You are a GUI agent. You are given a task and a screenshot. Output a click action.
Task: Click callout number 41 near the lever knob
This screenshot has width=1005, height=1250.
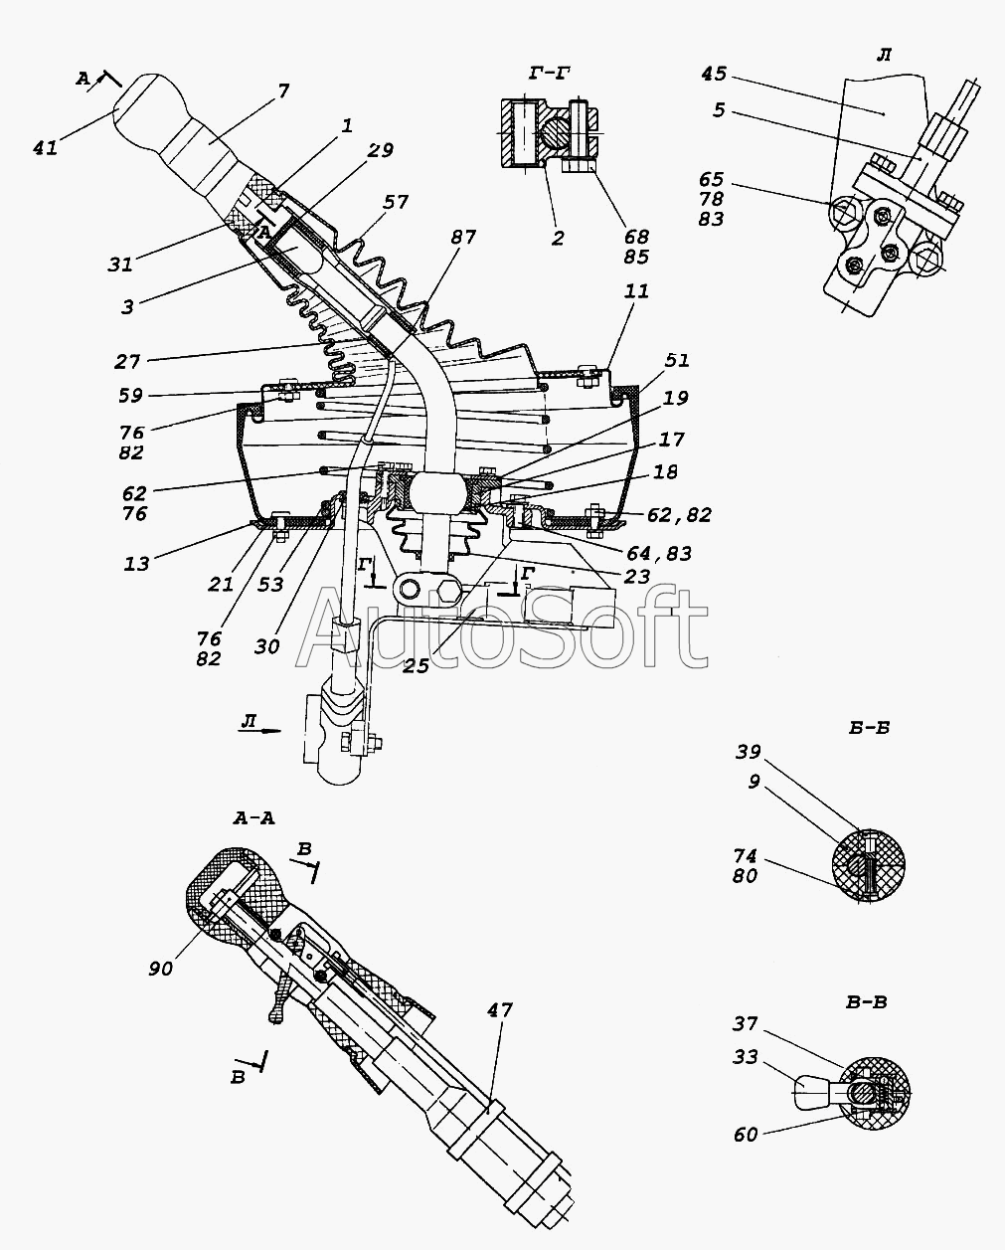46,148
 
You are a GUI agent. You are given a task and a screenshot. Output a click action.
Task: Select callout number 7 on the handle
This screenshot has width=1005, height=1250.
283,91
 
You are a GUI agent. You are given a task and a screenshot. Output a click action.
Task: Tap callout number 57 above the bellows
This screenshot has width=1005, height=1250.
396,202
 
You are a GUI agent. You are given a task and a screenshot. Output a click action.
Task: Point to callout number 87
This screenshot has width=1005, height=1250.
462,237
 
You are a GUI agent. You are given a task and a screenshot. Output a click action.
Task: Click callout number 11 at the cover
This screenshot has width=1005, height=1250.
637,291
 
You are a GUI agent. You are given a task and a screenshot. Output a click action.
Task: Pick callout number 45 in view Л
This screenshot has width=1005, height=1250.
714,74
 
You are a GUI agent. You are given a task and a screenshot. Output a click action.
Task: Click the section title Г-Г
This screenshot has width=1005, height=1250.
550,74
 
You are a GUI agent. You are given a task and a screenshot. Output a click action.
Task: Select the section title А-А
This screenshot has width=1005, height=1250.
253,819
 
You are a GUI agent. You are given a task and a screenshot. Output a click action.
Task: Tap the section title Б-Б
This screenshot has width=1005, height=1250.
869,728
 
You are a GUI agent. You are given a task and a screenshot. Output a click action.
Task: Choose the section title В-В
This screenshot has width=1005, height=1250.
866,1002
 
